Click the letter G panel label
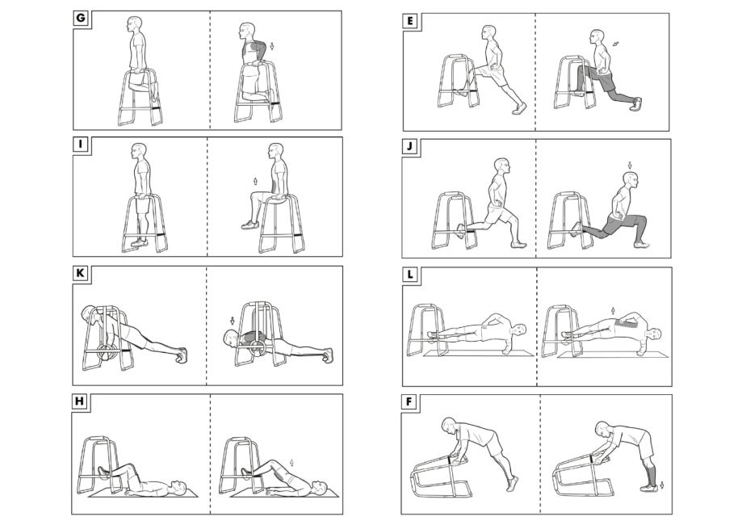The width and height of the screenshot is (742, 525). click(81, 18)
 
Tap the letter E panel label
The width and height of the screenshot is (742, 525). click(410, 21)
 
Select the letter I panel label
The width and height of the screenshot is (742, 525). click(81, 144)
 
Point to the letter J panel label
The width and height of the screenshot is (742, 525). click(410, 146)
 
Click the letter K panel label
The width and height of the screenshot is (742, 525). click(80, 273)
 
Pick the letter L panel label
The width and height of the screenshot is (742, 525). click(410, 274)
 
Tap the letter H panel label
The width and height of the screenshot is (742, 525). click(79, 401)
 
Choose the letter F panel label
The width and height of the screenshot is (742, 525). click(409, 401)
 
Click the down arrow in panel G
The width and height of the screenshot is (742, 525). click(272, 46)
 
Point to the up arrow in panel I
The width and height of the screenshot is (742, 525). click(255, 181)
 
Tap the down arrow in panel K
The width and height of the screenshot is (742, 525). click(233, 321)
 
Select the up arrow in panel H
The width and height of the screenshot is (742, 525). click(291, 463)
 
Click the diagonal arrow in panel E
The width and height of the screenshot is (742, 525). click(615, 44)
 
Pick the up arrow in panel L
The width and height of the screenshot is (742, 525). click(614, 310)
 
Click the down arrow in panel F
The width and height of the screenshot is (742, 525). click(662, 485)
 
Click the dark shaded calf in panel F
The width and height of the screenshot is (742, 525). click(649, 473)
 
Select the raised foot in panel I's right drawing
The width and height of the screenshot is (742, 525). click(249, 225)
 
